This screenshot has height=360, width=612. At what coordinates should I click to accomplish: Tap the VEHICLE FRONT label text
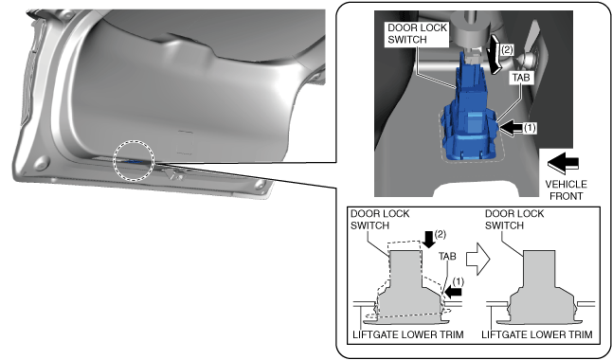point(566,189)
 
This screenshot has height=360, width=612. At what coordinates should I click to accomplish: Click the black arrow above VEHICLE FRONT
point(564,162)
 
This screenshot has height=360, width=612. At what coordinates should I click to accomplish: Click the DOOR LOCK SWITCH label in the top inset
point(417,33)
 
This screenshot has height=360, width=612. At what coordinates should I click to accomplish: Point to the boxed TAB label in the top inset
point(521,78)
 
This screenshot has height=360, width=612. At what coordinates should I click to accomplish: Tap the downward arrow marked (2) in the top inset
point(495,53)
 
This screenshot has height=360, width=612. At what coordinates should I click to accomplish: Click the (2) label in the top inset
point(507,49)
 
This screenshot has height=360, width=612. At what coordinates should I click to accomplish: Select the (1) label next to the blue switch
point(530,128)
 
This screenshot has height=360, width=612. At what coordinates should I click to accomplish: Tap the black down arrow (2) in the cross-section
point(428,239)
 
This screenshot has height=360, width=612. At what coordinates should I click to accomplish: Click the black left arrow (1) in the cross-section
point(454,291)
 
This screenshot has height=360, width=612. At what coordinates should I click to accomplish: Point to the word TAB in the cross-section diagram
point(447,256)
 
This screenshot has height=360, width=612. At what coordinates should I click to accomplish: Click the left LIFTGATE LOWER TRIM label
point(408,334)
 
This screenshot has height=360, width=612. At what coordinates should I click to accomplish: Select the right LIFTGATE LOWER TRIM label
point(537,334)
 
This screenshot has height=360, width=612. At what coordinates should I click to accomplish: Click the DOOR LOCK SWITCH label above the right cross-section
point(514,220)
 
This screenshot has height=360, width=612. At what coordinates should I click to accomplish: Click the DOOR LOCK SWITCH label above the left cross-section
point(380,220)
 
